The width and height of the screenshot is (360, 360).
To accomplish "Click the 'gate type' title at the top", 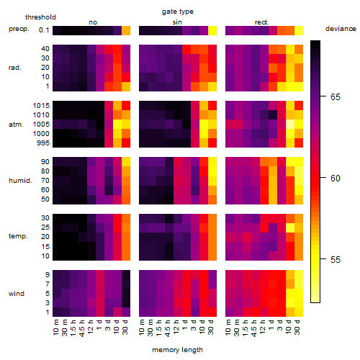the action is coord(178,12).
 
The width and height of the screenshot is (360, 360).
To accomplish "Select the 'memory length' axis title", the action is coord(177,350).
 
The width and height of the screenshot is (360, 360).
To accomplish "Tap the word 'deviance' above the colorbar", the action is coord(341,29).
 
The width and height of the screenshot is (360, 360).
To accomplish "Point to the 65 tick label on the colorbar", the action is coord(336,97).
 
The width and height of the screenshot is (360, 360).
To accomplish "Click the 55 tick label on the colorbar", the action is coord(336,260).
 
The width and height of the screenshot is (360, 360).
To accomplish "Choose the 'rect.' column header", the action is coord(261,22).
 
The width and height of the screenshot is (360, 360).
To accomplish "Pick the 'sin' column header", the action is coord(177,22).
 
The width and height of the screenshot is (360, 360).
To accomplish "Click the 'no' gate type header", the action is coord(93,22).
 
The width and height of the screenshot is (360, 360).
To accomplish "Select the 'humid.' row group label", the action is coord(20,181).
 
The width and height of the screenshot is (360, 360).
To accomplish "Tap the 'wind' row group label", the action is coord(17,294).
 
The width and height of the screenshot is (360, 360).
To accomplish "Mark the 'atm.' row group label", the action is coord(16,125).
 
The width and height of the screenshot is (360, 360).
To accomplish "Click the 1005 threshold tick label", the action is coord(41,125).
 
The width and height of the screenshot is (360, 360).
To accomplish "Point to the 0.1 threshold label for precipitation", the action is coord(44,30).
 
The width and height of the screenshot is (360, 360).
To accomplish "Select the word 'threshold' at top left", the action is coord(40,17).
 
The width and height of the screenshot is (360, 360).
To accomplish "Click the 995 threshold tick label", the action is coord(43,143).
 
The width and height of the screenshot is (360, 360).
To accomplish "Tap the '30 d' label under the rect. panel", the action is coord(297,327).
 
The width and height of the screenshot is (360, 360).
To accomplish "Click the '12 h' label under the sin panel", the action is coord(176,327).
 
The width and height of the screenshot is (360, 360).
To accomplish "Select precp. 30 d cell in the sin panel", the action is coord(212,30).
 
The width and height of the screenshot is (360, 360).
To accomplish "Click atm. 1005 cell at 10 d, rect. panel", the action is coord(290,125).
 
